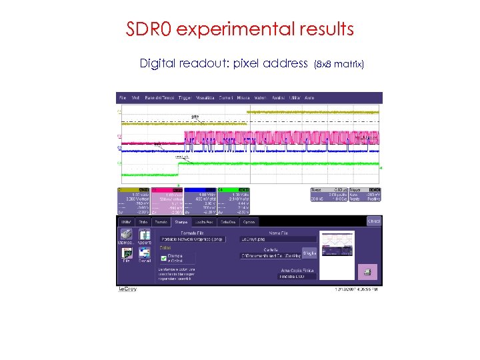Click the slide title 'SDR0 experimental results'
click(x=239, y=30)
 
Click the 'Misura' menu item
click(x=243, y=97)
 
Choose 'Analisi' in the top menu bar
click(x=279, y=97)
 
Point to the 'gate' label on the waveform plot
click(x=195, y=117)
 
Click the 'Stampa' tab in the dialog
click(x=181, y=222)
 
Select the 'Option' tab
click(x=249, y=222)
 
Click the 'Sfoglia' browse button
click(x=309, y=253)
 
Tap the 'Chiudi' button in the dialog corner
click(x=374, y=221)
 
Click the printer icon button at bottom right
click(x=366, y=272)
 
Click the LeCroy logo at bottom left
click(x=127, y=289)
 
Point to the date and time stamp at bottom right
click(x=359, y=289)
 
